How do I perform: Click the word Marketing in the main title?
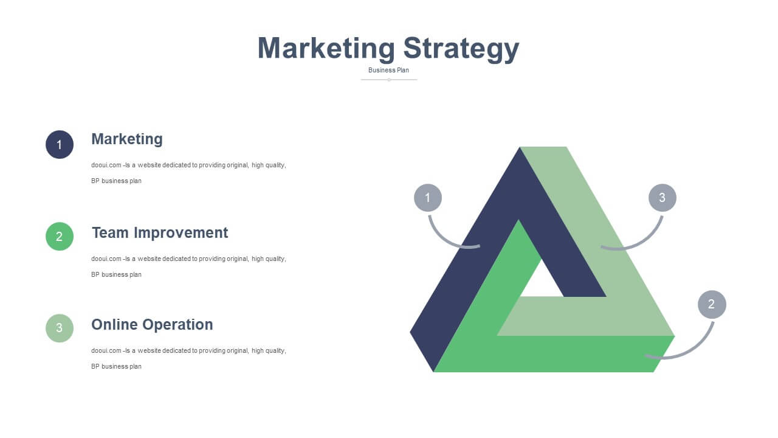click(326, 49)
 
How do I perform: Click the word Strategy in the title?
click(461, 49)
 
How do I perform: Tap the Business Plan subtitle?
click(388, 70)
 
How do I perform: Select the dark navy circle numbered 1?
click(60, 145)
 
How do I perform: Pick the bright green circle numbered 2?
click(60, 237)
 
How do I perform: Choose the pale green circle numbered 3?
click(60, 328)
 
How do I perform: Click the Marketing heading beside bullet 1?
click(127, 139)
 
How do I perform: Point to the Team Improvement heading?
click(160, 232)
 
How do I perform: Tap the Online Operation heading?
click(152, 325)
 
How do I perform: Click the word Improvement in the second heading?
click(181, 232)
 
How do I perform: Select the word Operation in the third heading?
click(177, 325)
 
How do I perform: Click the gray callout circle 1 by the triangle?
click(428, 198)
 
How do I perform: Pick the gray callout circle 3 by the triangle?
click(663, 198)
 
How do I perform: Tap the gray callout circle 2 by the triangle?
click(712, 305)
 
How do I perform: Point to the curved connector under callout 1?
click(444, 238)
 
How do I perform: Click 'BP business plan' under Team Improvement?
click(116, 274)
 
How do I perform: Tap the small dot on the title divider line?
click(389, 80)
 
